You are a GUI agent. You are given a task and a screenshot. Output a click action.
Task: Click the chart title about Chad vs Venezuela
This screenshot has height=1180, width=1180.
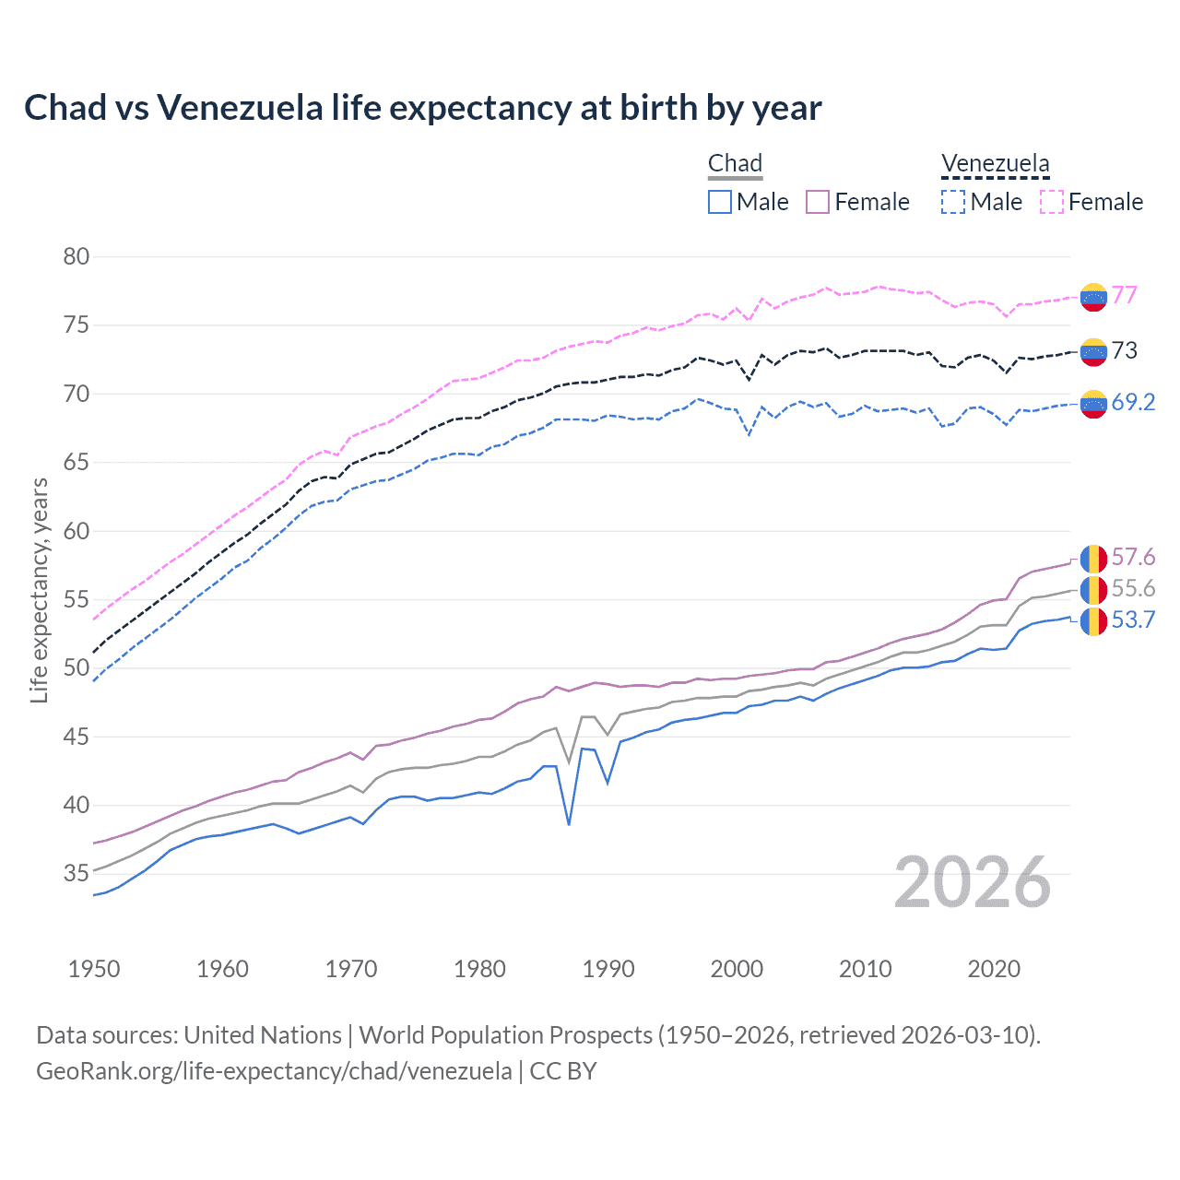[x=422, y=108]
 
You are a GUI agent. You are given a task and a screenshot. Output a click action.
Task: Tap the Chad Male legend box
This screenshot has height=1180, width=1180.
[x=720, y=202]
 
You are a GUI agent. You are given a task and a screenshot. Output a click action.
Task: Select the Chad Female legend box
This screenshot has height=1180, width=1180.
[x=818, y=202]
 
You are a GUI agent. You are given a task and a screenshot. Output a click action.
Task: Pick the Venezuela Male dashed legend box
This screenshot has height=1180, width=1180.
[x=953, y=202]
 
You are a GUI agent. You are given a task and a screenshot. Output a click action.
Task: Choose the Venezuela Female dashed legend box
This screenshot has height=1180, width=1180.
[x=1052, y=202]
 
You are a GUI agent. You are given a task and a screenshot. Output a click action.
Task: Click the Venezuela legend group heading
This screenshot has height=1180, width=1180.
[x=995, y=163]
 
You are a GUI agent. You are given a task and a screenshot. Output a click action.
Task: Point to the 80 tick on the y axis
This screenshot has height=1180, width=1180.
[x=77, y=256]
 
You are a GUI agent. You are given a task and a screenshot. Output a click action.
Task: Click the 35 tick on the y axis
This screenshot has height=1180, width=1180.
[x=77, y=873]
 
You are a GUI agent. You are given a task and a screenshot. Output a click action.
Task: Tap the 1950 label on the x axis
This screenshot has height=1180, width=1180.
[x=94, y=969]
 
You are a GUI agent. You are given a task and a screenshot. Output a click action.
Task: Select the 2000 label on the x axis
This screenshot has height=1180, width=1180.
[x=737, y=969]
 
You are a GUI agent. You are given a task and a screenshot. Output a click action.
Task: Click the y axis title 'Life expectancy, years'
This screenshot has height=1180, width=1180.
[x=39, y=590]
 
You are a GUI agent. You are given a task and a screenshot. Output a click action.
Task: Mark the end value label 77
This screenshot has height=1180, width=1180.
[x=1125, y=295]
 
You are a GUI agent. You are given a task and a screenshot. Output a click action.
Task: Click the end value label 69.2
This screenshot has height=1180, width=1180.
[x=1133, y=402]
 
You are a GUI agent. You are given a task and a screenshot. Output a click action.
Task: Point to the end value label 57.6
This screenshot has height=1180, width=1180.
[x=1133, y=557]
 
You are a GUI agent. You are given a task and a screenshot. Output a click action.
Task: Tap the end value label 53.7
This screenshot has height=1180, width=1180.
[x=1133, y=619]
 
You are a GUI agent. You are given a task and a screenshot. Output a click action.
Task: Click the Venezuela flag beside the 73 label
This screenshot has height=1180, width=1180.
[x=1093, y=351]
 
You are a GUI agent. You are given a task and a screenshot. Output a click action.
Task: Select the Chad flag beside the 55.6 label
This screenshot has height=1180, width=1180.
[x=1093, y=589]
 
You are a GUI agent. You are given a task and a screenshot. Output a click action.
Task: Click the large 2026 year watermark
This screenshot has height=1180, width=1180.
[x=972, y=882]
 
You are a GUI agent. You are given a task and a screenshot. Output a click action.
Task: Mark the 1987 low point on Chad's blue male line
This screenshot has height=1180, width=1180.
[x=569, y=824]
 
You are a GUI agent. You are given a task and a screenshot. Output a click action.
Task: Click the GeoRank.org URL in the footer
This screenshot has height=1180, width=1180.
[x=274, y=1070]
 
